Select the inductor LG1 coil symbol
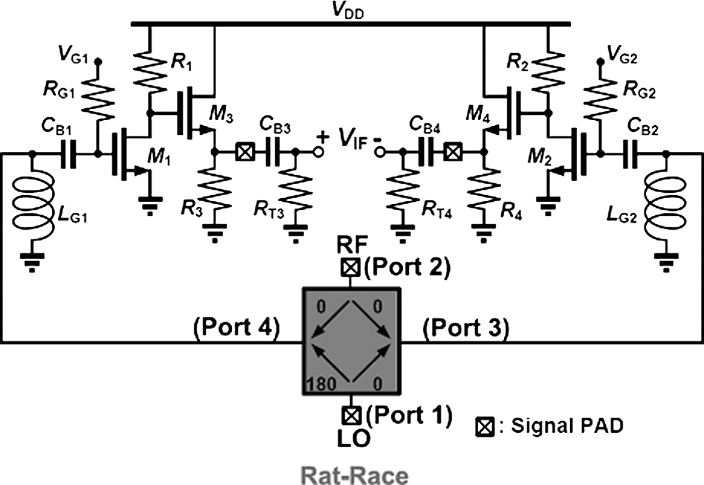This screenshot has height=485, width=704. [x=33, y=206]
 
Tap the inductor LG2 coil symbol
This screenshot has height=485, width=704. [x=666, y=206]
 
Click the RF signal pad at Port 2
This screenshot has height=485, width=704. [x=350, y=267]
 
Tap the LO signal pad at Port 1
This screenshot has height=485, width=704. [x=351, y=416]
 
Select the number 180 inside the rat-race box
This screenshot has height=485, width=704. [x=321, y=384]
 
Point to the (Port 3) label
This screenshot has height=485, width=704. [x=466, y=328]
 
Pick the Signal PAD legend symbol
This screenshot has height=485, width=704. [x=485, y=427]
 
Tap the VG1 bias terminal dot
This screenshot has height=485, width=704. [x=99, y=61]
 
